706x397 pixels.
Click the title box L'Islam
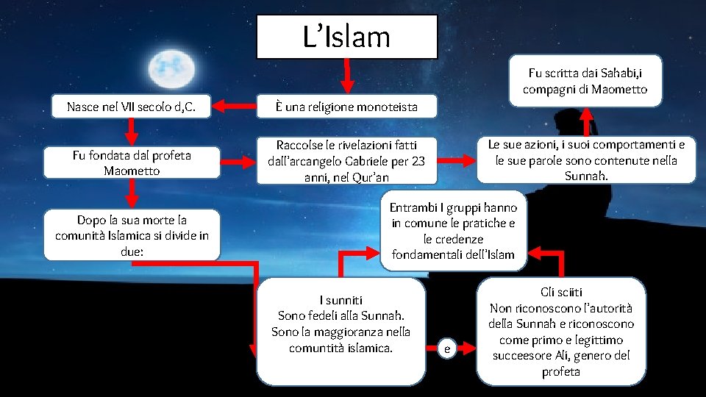[346, 37]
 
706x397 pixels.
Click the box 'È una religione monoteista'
[346, 107]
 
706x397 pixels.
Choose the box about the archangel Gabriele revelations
[346, 161]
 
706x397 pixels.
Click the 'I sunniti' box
[341, 324]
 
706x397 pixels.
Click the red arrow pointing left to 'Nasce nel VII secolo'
[229, 107]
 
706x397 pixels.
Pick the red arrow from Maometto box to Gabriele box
[235, 160]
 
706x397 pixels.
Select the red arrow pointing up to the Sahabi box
[586, 120]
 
